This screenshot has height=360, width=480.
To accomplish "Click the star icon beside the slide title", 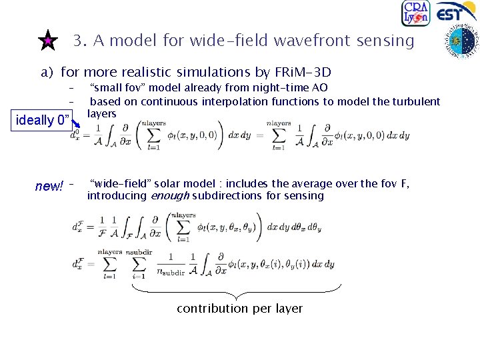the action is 47,41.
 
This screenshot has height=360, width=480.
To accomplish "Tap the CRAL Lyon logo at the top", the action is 415,13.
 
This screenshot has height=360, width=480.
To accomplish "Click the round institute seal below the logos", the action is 461,42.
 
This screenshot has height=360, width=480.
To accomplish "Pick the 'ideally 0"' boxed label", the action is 43,120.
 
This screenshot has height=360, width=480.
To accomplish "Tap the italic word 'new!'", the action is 49,186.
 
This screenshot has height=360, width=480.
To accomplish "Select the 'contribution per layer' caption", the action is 239,309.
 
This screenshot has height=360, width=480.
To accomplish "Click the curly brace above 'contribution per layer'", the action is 237,291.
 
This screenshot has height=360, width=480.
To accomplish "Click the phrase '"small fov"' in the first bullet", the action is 114,87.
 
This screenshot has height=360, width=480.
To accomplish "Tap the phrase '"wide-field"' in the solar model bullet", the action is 120,183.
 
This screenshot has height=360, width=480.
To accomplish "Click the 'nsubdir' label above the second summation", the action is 139,253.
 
